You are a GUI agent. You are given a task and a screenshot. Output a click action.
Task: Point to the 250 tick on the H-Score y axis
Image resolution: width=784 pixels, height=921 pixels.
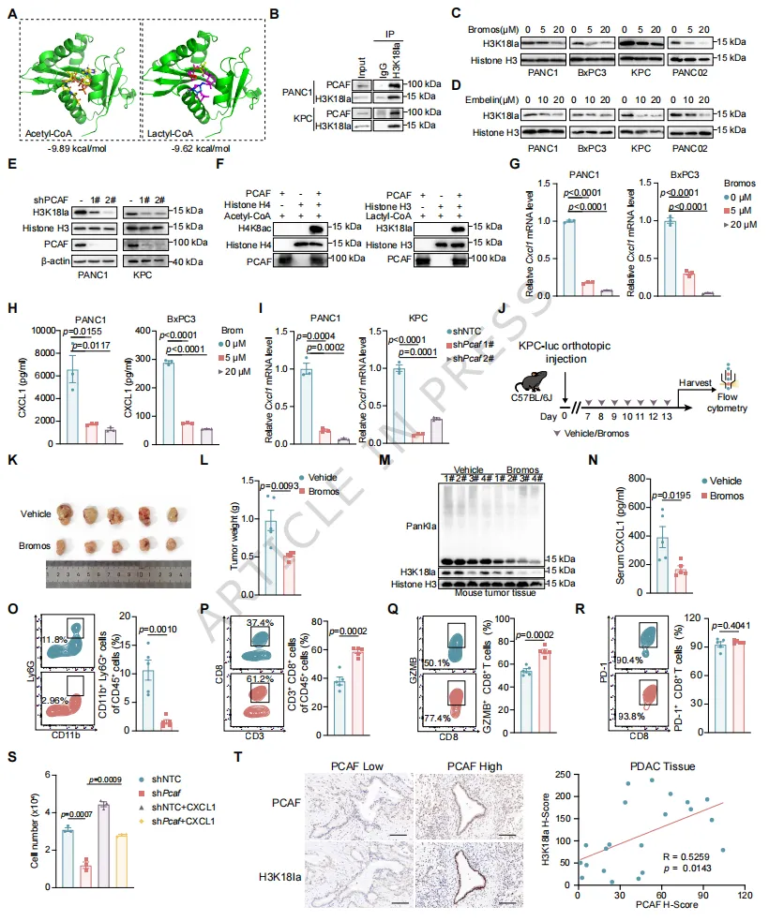point(560,775)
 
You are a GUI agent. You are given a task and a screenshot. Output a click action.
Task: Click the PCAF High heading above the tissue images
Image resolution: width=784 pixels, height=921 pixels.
point(450,767)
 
